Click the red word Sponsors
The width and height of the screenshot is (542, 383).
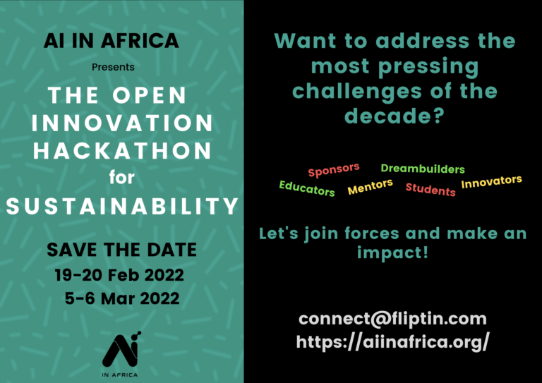coord(334,170)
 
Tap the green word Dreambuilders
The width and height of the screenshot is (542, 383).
coord(423,169)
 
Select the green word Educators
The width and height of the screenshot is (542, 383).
coord(307,188)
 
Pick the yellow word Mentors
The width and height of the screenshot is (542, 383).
coord(371,186)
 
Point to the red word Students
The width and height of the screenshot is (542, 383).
coord(430,190)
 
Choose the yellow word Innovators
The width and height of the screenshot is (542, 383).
coord(491,181)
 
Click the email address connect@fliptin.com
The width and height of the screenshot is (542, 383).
coord(392,318)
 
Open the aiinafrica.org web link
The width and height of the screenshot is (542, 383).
coord(392,342)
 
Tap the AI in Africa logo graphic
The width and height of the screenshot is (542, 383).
coord(121,354)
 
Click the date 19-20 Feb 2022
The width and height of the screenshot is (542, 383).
coord(119,275)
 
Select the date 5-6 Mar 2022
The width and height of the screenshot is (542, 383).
coord(122,298)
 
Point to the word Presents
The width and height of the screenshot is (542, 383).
coord(113,67)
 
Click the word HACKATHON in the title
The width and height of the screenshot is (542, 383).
coord(122,150)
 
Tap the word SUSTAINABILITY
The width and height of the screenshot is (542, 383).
coord(122,206)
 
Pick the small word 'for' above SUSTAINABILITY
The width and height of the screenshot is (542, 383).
coord(121,178)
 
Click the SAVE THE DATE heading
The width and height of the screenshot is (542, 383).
coord(121,250)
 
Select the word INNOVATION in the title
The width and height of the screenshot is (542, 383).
coord(122,123)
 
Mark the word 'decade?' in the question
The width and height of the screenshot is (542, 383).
coord(394,116)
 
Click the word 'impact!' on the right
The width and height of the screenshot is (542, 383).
coord(393,253)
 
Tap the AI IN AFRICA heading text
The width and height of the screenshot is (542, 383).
coord(112,40)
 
